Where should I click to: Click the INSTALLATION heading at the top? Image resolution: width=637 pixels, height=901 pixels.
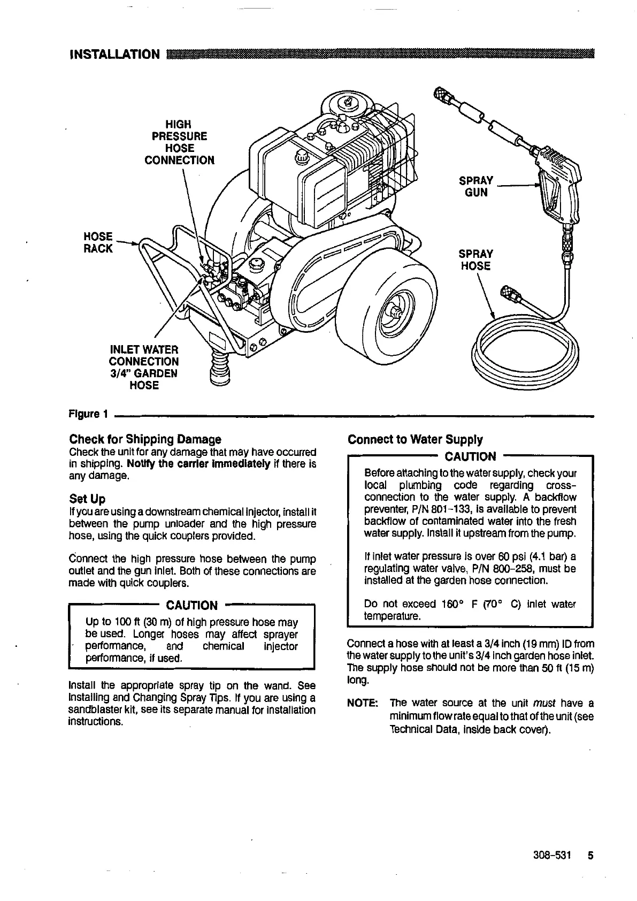click(x=114, y=55)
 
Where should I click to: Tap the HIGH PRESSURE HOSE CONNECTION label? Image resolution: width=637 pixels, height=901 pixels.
click(x=180, y=142)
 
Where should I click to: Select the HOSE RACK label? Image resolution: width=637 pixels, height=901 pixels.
click(x=99, y=242)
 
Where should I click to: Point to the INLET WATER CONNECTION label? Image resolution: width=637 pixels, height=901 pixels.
click(x=144, y=367)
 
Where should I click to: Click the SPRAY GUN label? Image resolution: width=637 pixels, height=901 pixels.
click(x=476, y=186)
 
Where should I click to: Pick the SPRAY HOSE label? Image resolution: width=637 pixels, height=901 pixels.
click(x=476, y=260)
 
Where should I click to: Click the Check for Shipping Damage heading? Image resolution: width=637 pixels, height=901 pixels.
click(x=145, y=439)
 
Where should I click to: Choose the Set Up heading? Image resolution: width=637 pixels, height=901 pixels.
click(x=87, y=499)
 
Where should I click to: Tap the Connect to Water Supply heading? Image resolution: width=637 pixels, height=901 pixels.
click(x=415, y=440)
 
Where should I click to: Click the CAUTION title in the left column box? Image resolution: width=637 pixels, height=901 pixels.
click(x=192, y=605)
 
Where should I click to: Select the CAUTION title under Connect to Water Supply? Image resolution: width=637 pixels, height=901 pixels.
click(x=471, y=456)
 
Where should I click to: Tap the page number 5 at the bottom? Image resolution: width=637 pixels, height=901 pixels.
click(x=590, y=855)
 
